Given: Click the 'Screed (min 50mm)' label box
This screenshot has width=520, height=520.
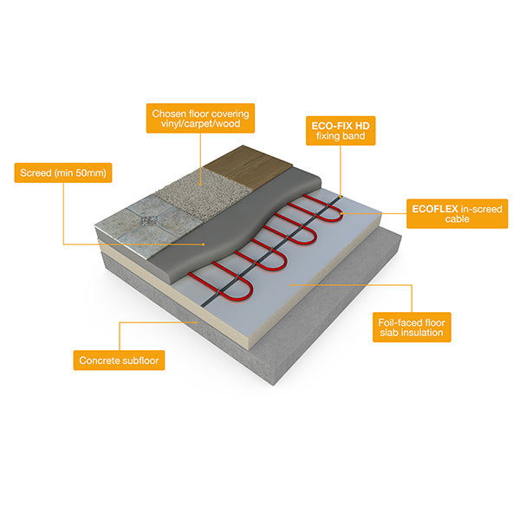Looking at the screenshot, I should tap(62, 172).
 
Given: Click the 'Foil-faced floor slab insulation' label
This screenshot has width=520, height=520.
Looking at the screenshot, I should tap(411, 325).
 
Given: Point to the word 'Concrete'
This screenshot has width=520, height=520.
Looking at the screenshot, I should tap(94, 359).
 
